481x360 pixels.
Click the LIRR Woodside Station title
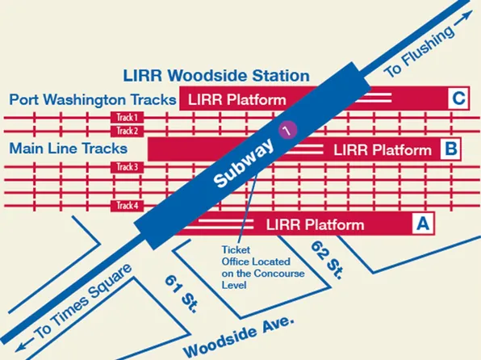pyautogui.click(x=215, y=76)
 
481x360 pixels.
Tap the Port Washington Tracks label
pyautogui.click(x=93, y=100)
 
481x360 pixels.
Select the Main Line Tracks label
pyautogui.click(x=69, y=149)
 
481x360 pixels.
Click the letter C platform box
pyautogui.click(x=458, y=99)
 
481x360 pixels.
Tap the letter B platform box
pyautogui.click(x=450, y=149)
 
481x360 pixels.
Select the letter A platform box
pyautogui.click(x=420, y=224)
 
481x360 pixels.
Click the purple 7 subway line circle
pyautogui.click(x=285, y=128)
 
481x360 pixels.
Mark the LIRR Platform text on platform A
pyautogui.click(x=315, y=224)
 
